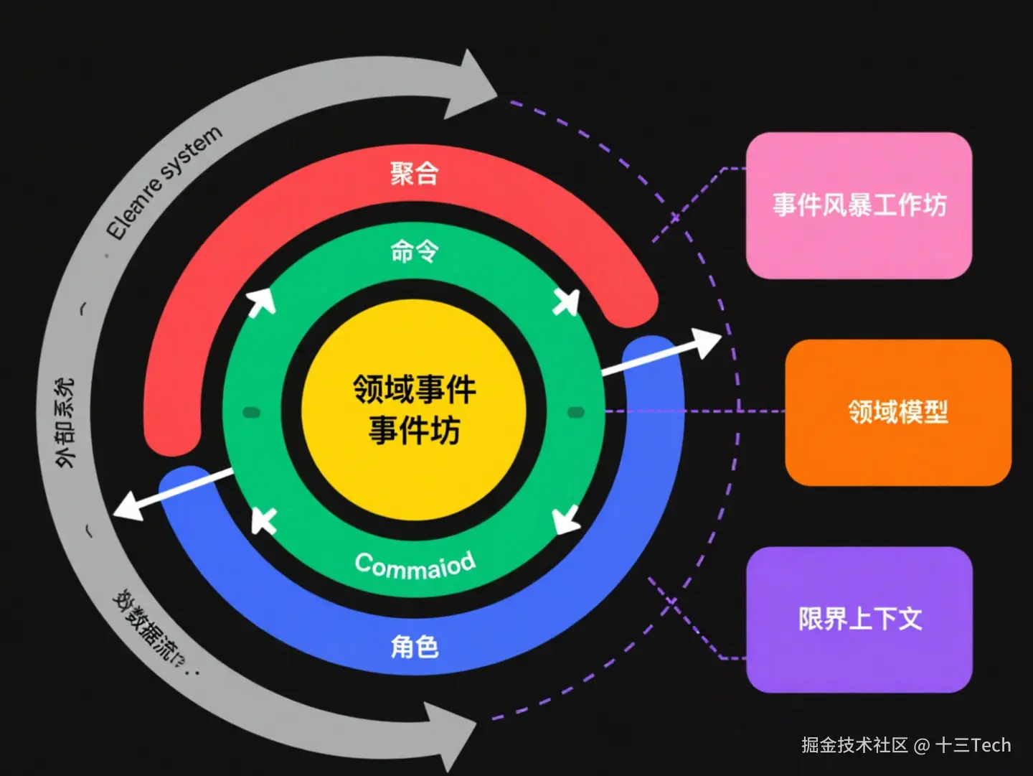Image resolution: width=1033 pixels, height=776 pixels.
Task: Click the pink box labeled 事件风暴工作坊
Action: pyautogui.click(x=859, y=205)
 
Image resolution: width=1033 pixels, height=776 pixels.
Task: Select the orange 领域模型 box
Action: pyautogui.click(x=897, y=412)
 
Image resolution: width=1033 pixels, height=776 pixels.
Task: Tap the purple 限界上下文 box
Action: pyautogui.click(x=859, y=619)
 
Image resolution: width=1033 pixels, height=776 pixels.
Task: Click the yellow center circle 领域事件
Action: pyautogui.click(x=414, y=410)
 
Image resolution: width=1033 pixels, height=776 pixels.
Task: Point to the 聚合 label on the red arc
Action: pyautogui.click(x=414, y=173)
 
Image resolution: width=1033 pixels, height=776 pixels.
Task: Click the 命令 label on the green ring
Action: pyautogui.click(x=414, y=251)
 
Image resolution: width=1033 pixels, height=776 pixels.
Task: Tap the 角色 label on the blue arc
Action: pyautogui.click(x=414, y=647)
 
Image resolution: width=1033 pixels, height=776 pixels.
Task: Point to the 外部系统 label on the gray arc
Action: pyautogui.click(x=65, y=423)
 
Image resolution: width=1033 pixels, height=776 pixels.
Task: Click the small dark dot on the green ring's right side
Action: pyautogui.click(x=575, y=412)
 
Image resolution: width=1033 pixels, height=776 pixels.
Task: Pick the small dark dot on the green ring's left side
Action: pyautogui.click(x=251, y=412)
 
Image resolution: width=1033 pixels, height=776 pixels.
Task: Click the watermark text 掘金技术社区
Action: pyautogui.click(x=854, y=745)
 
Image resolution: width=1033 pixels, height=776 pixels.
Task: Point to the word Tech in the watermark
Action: pyautogui.click(x=991, y=745)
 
